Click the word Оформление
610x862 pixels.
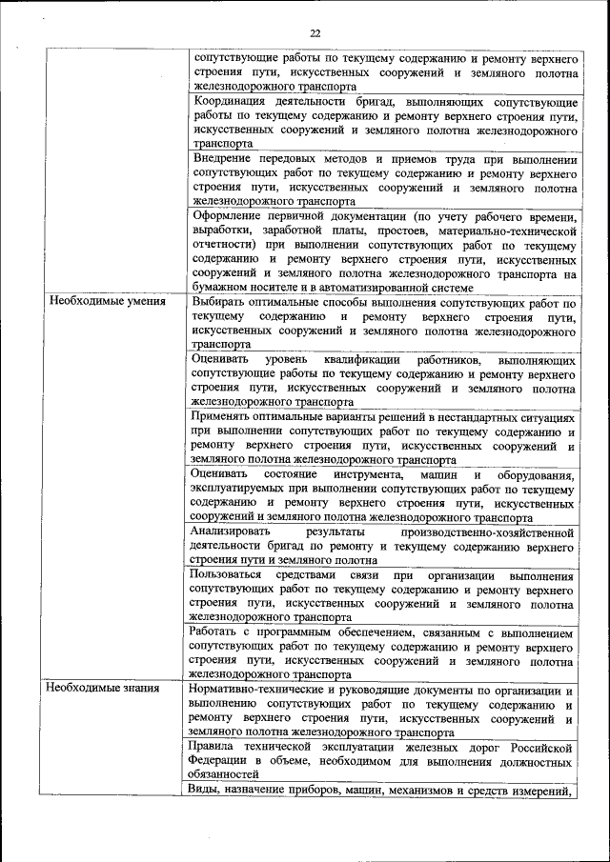tap(232, 216)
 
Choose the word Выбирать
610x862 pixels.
tap(219, 301)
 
